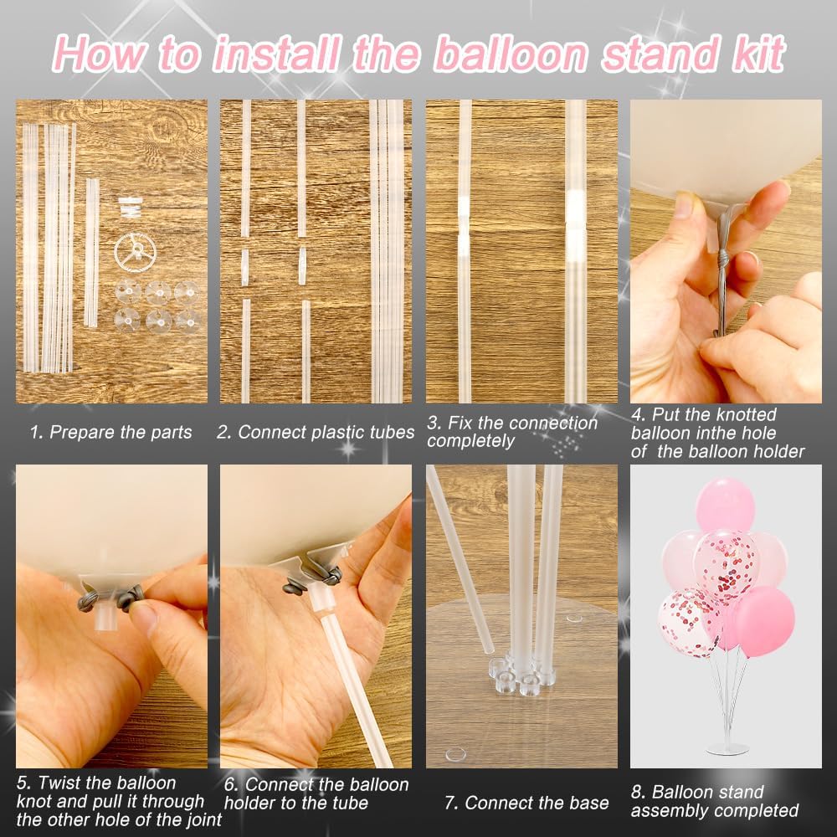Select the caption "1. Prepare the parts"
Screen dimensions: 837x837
pyautogui.click(x=110, y=433)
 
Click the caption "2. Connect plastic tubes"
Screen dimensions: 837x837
pyautogui.click(x=316, y=433)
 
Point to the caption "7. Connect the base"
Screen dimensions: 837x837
pyautogui.click(x=526, y=804)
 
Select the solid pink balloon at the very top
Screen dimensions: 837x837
pyautogui.click(x=725, y=504)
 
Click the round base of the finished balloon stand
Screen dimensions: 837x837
pyautogui.click(x=727, y=748)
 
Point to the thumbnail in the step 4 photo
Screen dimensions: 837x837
pyautogui.click(x=683, y=204)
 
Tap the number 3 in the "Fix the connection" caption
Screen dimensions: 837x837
pyautogui.click(x=431, y=424)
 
